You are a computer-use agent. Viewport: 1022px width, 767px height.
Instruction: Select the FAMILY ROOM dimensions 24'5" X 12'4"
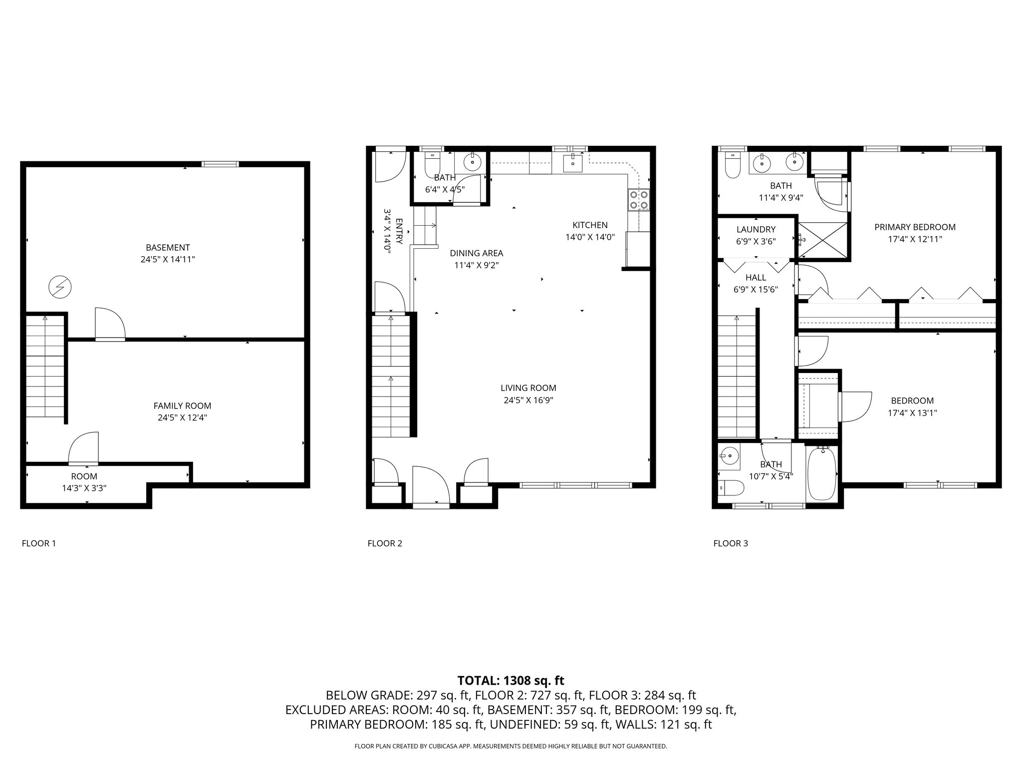(x=182, y=418)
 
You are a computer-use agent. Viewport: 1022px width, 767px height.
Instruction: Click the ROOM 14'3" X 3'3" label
(x=84, y=482)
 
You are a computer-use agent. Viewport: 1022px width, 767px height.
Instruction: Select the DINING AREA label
(x=476, y=253)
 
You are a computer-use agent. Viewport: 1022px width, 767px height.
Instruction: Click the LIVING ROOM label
(x=528, y=388)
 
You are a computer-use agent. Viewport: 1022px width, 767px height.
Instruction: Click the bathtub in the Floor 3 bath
(x=821, y=474)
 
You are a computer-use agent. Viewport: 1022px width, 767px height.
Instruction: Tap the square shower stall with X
(x=823, y=241)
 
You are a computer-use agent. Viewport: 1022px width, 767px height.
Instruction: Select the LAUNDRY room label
(x=756, y=230)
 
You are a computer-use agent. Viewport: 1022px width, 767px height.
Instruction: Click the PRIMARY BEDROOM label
(x=915, y=227)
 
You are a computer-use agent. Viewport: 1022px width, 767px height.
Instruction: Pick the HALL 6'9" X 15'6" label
(x=756, y=283)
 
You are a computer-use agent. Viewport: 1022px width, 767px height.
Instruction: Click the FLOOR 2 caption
(x=385, y=543)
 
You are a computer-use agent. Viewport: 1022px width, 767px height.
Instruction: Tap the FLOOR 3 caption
(x=731, y=543)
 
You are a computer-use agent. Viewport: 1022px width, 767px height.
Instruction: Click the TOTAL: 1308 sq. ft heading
(x=511, y=680)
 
